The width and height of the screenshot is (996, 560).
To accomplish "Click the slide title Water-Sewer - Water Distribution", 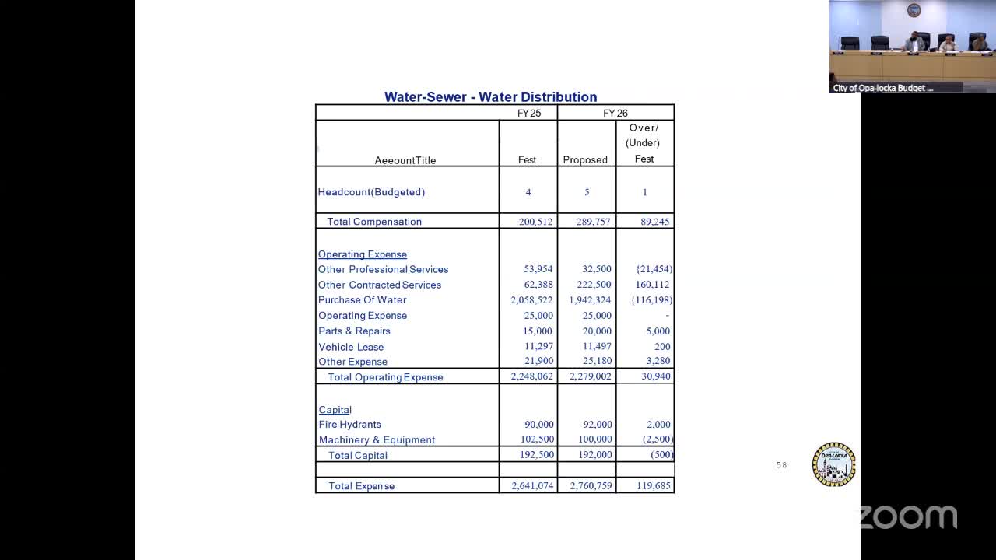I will pos(490,97).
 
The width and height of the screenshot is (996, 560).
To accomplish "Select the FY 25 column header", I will pos(529,114).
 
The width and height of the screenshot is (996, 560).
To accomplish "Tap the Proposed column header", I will pos(585,160).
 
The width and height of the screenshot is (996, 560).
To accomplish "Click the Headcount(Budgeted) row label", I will pos(371,192).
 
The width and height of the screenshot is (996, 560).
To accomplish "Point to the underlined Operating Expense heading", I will pos(362,254).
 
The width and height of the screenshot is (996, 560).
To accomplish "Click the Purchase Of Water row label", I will pos(362,300).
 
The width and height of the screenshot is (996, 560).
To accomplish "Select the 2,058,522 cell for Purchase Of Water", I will pos(531,300).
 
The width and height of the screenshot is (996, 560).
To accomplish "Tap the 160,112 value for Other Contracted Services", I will pos(652,285).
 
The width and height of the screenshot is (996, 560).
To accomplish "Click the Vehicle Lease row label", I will pos(351,347).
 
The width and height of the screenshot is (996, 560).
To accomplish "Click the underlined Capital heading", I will pos(335,410).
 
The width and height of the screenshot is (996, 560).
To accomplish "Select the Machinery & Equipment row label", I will pos(377,440).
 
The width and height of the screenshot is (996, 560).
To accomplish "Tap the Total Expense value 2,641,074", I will pos(532,486).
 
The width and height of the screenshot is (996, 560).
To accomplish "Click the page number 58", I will pos(781,465).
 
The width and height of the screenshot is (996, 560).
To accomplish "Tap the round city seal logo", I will pos(833,464).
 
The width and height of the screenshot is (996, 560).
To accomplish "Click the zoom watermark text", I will pos(907,517).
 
